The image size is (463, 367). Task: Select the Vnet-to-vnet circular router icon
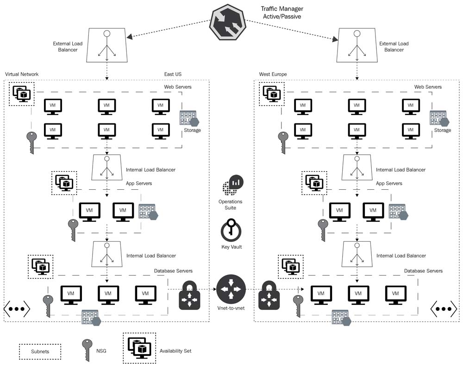(231, 290)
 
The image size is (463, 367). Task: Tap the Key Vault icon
(230, 229)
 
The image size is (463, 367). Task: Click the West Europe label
(273, 74)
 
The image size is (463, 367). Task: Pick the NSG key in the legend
(87, 350)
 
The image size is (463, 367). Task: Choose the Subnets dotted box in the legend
(40, 352)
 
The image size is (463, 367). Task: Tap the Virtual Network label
(22, 74)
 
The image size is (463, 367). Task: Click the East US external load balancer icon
(107, 45)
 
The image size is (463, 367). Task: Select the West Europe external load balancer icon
(357, 45)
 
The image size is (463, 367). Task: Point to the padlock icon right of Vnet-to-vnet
(269, 296)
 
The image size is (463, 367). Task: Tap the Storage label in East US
(192, 130)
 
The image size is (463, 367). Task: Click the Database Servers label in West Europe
(423, 271)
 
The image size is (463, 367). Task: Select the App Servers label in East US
(139, 183)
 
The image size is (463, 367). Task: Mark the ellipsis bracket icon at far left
(17, 308)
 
